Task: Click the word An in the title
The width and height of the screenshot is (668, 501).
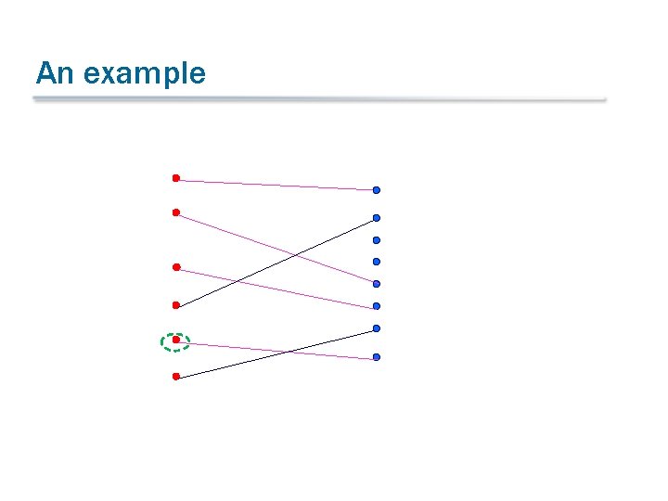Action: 53,73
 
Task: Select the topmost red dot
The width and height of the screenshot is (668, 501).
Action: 175,177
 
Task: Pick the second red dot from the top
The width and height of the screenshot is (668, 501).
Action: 175,212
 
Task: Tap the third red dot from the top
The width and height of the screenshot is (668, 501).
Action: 175,267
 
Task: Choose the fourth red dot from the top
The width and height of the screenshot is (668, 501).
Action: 175,304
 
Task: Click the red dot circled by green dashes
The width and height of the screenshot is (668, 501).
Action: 175,340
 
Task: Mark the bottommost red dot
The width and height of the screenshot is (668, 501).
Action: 175,377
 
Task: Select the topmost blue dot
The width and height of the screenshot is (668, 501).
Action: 377,190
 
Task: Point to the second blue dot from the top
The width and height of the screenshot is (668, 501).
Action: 377,218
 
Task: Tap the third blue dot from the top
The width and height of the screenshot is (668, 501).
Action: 377,240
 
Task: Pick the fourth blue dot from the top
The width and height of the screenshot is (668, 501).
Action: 377,262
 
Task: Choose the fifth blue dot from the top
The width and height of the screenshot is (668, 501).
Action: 377,284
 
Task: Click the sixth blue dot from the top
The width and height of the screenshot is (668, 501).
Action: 377,306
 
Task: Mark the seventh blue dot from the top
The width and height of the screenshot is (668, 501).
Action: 377,328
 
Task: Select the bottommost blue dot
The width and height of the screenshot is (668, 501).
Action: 377,357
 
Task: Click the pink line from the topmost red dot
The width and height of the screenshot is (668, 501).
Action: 278,185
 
